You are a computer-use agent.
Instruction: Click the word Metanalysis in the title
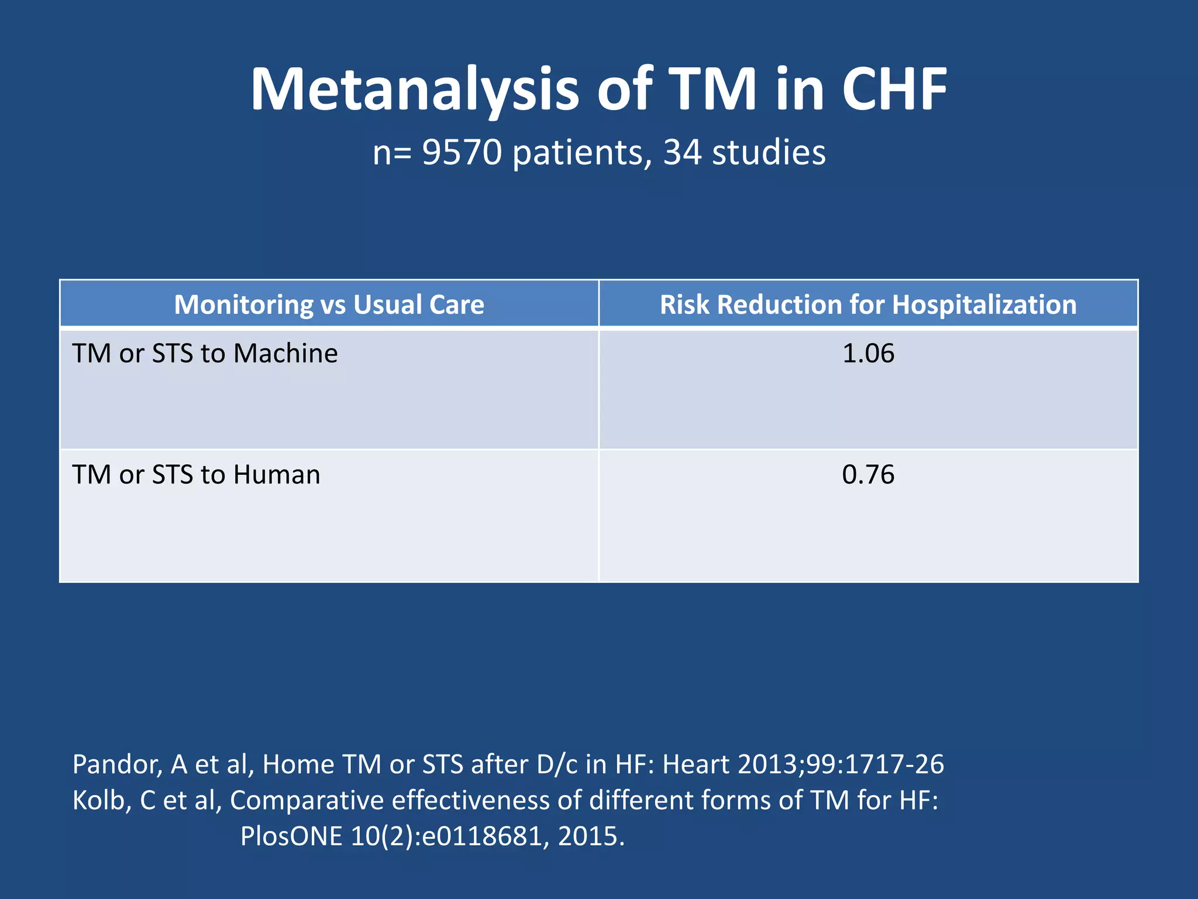[414, 90]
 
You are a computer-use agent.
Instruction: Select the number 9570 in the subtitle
[462, 153]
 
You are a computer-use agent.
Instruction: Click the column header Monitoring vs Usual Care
[329, 305]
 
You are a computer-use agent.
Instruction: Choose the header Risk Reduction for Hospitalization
[868, 305]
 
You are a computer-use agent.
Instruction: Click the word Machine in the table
[285, 354]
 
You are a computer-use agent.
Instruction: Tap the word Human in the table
[277, 475]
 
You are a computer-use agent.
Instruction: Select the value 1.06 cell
[868, 354]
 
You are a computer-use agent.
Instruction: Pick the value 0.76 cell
[868, 475]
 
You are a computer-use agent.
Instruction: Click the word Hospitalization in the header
[984, 305]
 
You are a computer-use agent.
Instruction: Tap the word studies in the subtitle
[769, 153]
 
